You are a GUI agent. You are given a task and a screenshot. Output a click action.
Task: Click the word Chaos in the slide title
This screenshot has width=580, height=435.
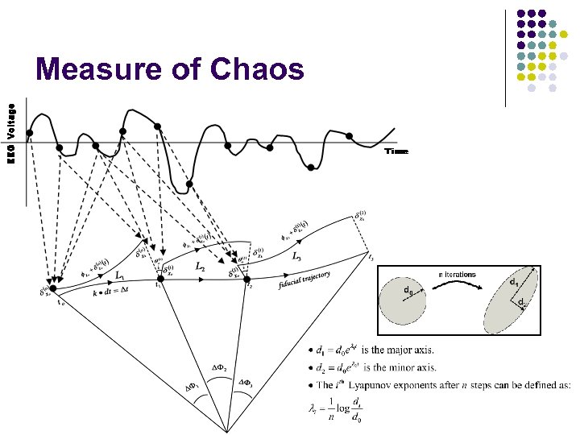pyautogui.click(x=257, y=70)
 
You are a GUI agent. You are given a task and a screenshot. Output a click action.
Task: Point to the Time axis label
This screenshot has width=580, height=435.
pyautogui.click(x=396, y=151)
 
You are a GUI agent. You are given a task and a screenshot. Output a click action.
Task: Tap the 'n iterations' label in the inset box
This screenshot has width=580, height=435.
pyautogui.click(x=457, y=275)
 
